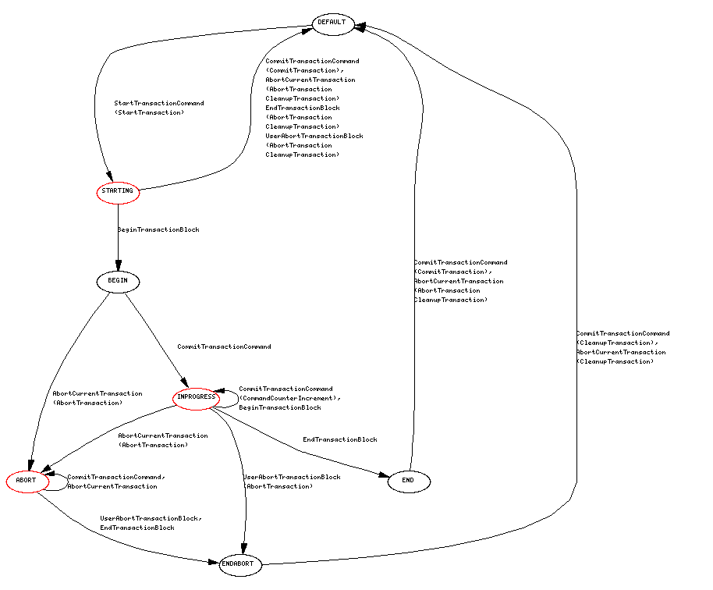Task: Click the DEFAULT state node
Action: (x=332, y=23)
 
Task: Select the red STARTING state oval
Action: (x=118, y=191)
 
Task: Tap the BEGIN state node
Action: (x=118, y=280)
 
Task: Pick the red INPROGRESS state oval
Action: (x=195, y=397)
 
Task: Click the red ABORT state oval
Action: (x=27, y=481)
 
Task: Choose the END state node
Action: (x=408, y=481)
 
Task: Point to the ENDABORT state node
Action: (x=237, y=563)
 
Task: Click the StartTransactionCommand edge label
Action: (x=159, y=103)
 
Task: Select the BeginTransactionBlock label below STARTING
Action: (x=158, y=230)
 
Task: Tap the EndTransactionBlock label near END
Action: (x=340, y=440)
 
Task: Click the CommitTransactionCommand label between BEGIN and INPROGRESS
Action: (x=224, y=347)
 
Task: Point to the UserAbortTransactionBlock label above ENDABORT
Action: (x=292, y=477)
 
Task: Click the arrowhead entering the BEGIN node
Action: (x=118, y=266)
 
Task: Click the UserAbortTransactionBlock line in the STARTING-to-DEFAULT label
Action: (x=314, y=136)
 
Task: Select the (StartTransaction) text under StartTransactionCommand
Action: (x=150, y=112)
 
